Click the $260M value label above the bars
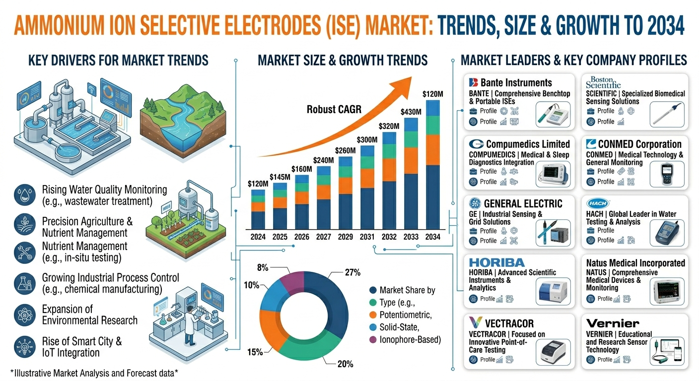tap(345, 151)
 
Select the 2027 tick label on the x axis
tap(323, 237)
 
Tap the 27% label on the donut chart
tap(352, 272)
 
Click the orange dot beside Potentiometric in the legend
tap(373, 315)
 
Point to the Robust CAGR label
tap(334, 110)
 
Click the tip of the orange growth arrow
tap(412, 77)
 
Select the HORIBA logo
tap(497, 262)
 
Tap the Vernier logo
tap(612, 323)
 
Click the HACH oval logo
tap(598, 203)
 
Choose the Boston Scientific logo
tap(603, 82)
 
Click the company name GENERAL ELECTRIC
tap(523, 204)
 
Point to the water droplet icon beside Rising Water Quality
tap(25, 195)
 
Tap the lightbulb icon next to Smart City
tap(25, 347)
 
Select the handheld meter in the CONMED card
tap(667, 174)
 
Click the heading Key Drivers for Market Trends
tap(118, 61)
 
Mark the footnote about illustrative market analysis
tap(94, 373)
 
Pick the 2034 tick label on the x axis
tap(432, 237)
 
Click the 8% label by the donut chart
tap(263, 267)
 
